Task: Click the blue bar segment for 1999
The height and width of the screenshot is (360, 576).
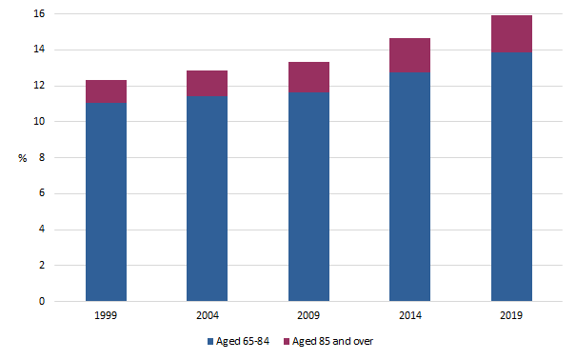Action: tap(106, 202)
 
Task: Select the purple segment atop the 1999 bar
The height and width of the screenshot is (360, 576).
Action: tap(106, 91)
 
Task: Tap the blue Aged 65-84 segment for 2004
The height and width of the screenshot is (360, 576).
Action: tap(207, 199)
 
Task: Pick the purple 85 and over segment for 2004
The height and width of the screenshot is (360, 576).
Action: tap(207, 84)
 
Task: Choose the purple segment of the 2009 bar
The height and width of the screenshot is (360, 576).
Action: tap(308, 77)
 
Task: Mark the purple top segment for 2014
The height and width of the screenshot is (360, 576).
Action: tap(409, 55)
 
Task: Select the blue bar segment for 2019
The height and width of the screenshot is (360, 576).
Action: tap(511, 177)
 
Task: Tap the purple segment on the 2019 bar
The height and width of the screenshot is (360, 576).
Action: tap(511, 34)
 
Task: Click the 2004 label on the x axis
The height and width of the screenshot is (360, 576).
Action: tap(207, 314)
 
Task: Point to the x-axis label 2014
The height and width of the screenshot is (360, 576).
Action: tap(409, 314)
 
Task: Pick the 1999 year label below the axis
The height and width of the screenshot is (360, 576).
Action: tap(106, 314)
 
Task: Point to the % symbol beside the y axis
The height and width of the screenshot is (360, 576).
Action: tap(23, 158)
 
